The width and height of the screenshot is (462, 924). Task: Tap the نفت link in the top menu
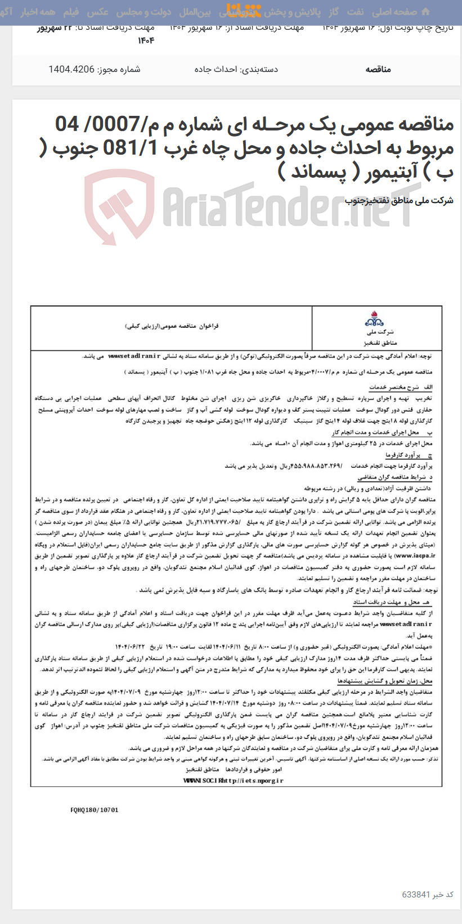[x=355, y=12]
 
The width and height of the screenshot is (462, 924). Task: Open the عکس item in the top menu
[x=98, y=12]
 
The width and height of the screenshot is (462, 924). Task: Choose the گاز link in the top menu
[x=334, y=12]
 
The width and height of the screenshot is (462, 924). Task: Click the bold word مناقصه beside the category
[x=378, y=69]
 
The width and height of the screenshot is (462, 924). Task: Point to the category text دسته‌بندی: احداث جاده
[x=236, y=69]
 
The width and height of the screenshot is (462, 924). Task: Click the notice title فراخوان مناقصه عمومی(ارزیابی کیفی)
[x=171, y=326]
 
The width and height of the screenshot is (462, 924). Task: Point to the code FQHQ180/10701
[x=95, y=810]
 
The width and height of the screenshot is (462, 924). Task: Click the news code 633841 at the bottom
[x=417, y=894]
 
